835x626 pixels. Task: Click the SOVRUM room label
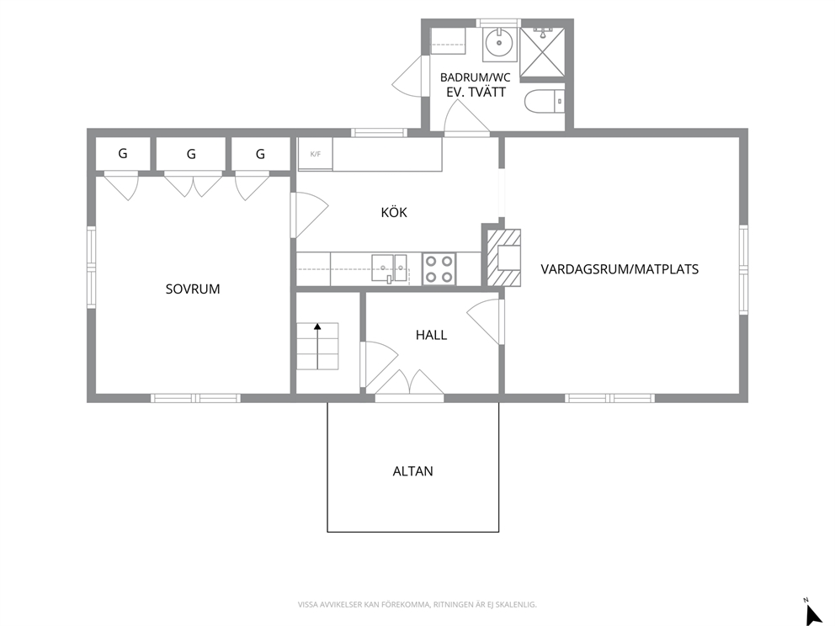(x=192, y=289)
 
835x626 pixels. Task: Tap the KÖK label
(x=394, y=212)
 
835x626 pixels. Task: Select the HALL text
(x=431, y=336)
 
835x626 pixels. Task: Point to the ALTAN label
(x=412, y=472)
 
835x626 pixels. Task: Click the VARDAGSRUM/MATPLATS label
(x=620, y=269)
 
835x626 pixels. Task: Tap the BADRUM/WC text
(x=475, y=77)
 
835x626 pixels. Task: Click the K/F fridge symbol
(x=316, y=154)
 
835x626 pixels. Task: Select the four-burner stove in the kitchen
(x=439, y=268)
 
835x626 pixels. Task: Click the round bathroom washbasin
(x=499, y=43)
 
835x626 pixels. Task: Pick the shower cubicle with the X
(x=541, y=51)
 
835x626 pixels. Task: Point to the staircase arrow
(x=318, y=346)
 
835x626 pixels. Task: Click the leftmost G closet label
(x=123, y=154)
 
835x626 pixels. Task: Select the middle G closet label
(x=191, y=154)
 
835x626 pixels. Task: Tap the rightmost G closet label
(x=260, y=154)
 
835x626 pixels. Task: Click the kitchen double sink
(x=389, y=268)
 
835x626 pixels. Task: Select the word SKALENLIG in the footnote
(x=519, y=605)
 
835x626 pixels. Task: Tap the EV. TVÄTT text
(x=476, y=93)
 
